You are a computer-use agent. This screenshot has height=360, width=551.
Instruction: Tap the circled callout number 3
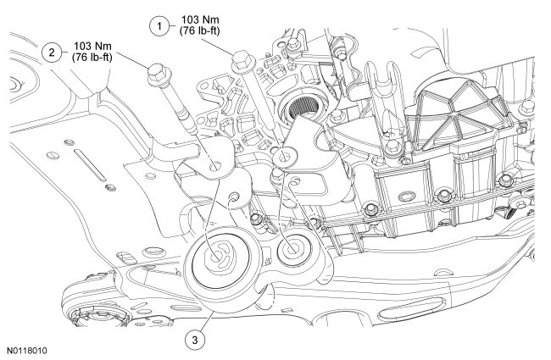(x=196, y=341)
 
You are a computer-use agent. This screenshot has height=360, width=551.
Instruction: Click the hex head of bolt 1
(x=241, y=58)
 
